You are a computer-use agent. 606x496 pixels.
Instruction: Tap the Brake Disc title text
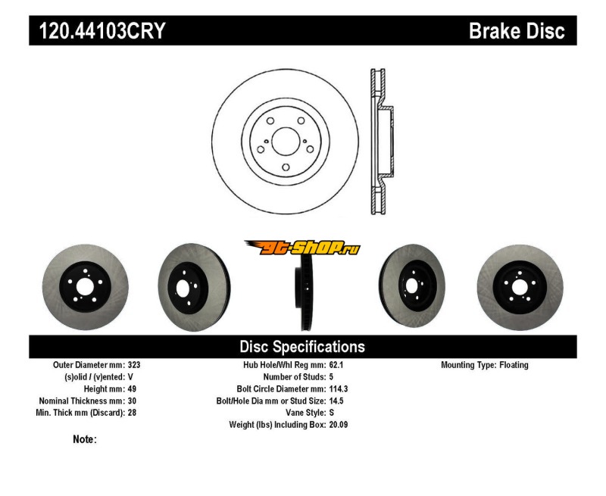(517, 32)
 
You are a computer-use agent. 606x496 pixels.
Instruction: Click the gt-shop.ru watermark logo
(301, 247)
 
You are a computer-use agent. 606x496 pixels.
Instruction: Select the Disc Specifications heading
(302, 347)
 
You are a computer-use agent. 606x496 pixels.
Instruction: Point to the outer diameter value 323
(134, 365)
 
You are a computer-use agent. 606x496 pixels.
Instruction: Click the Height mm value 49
(132, 388)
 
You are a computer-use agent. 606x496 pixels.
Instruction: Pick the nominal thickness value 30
(132, 401)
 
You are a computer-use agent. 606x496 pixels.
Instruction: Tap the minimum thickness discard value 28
(132, 413)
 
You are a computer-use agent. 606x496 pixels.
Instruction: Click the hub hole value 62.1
(336, 365)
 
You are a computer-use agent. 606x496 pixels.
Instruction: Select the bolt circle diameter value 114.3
(339, 388)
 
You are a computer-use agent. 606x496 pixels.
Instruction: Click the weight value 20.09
(339, 425)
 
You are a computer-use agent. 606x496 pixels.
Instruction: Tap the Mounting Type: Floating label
(485, 365)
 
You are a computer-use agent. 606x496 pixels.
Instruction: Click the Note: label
(85, 439)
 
